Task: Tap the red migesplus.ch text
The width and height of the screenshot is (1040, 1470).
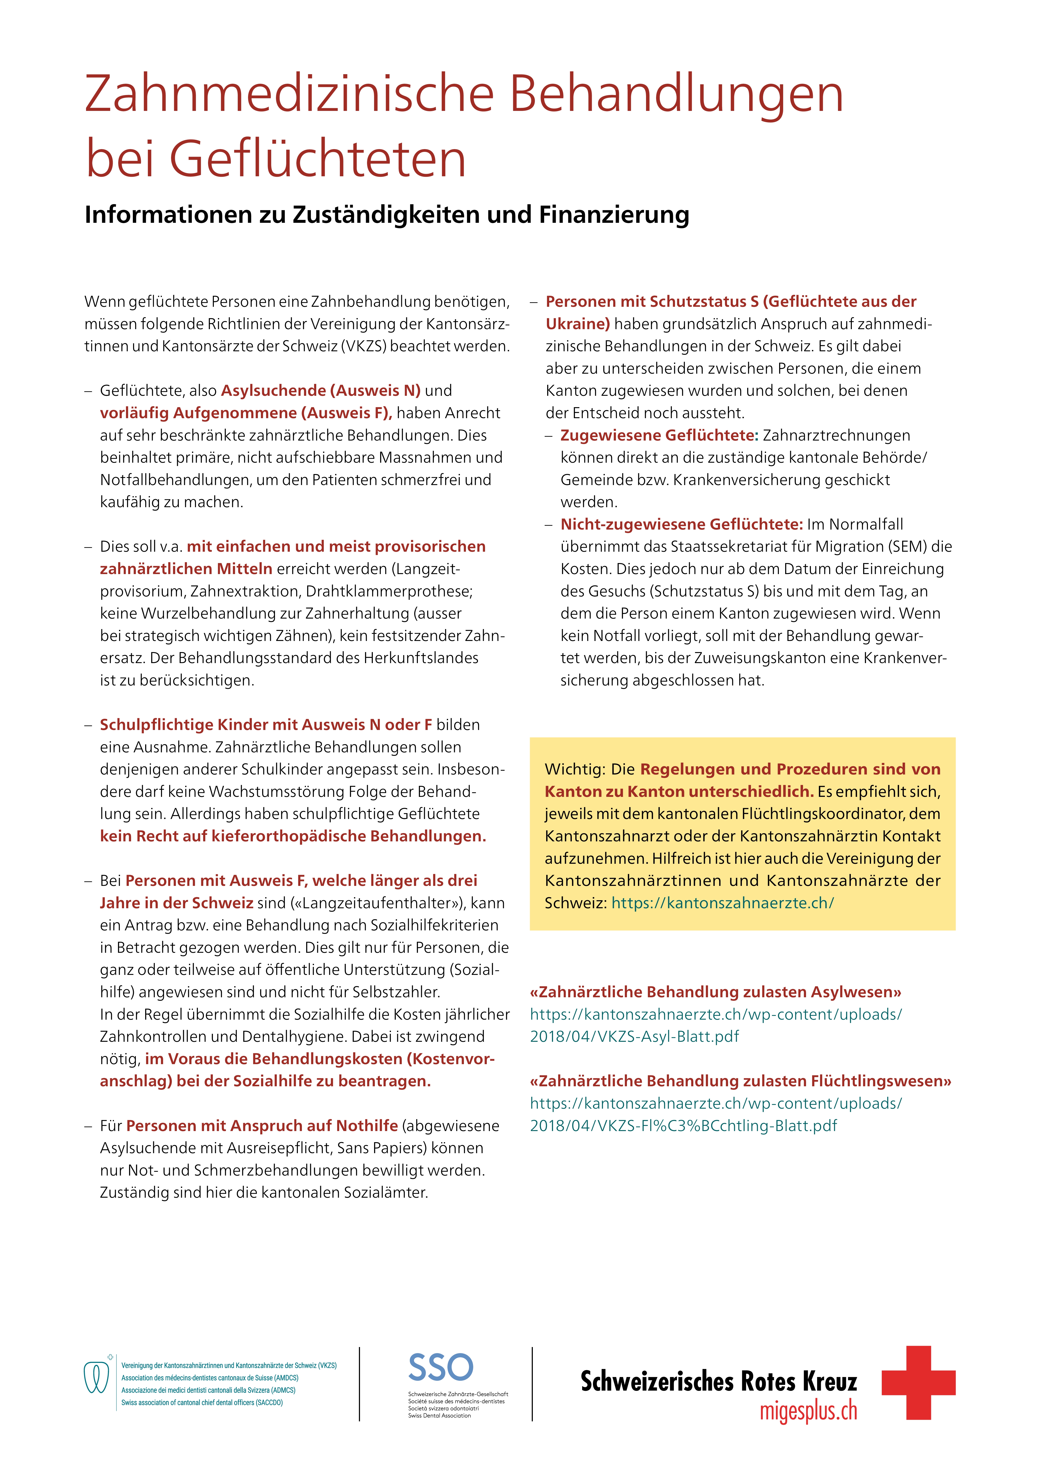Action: (x=808, y=1411)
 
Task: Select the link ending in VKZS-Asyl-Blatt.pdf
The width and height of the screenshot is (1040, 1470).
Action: (x=634, y=1036)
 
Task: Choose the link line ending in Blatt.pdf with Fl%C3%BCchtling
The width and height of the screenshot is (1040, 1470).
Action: (x=683, y=1126)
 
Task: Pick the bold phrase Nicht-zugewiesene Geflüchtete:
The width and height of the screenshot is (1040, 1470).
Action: (x=681, y=524)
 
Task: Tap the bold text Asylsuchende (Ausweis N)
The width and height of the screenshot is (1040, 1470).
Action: (x=320, y=391)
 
